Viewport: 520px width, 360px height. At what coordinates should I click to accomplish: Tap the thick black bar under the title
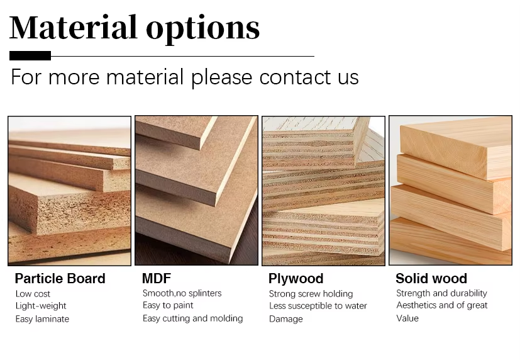pos(30,56)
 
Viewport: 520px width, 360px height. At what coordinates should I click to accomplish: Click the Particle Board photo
pos(69,190)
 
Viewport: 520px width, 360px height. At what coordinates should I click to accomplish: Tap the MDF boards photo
pos(196,190)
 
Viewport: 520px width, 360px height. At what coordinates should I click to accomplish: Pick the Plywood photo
pos(323,190)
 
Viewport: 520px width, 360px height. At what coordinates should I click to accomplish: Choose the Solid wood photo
pos(450,190)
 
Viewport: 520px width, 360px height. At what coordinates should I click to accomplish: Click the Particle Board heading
pos(60,279)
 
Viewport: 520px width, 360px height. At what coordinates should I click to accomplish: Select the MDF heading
pos(157,279)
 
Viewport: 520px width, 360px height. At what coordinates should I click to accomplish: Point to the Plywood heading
pos(296,279)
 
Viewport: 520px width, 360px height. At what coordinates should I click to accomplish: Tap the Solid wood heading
pos(431,279)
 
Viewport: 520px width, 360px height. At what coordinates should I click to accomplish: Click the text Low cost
pos(33,294)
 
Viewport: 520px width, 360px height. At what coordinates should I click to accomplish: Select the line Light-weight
pos(41,306)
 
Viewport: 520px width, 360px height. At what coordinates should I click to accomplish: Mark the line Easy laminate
pos(42,318)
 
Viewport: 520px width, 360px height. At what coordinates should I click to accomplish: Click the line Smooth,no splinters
pos(182,293)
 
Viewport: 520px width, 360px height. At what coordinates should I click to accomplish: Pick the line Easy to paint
pos(168,305)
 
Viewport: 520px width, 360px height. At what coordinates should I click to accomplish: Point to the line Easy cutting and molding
pos(192,318)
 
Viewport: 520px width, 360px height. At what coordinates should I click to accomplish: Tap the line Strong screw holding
pos(311,294)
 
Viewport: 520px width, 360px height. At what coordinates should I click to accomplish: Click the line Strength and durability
pos(441,293)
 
